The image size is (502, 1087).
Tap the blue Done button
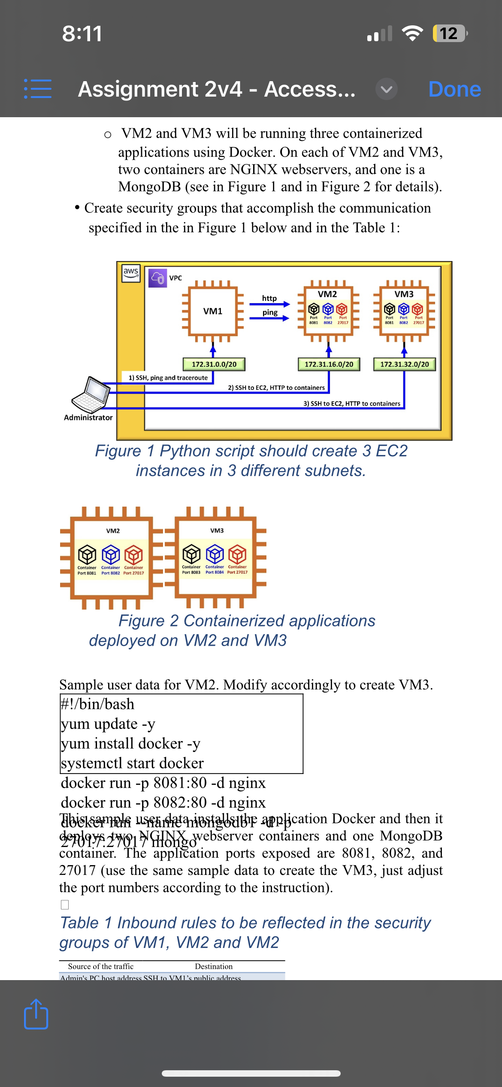point(454,89)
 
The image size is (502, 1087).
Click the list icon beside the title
point(38,89)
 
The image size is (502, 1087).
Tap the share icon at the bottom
point(36,1014)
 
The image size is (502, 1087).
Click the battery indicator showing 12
point(449,33)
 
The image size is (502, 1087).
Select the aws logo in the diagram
point(131,273)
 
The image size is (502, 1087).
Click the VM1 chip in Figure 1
point(213,311)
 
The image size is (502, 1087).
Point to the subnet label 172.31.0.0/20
point(214,364)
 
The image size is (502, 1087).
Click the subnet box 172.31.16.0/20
point(329,364)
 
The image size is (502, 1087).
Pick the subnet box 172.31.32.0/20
point(404,364)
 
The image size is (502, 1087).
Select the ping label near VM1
point(270,313)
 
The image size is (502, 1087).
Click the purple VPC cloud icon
point(157,278)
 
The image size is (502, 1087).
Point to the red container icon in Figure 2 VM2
point(133,555)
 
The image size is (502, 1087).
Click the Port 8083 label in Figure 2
point(191,572)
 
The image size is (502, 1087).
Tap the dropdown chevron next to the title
point(386,89)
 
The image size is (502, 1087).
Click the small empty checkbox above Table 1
point(65,905)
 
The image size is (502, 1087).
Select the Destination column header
point(214,966)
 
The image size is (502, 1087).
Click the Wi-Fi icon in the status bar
point(412,33)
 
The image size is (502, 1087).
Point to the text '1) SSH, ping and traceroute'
point(168,378)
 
